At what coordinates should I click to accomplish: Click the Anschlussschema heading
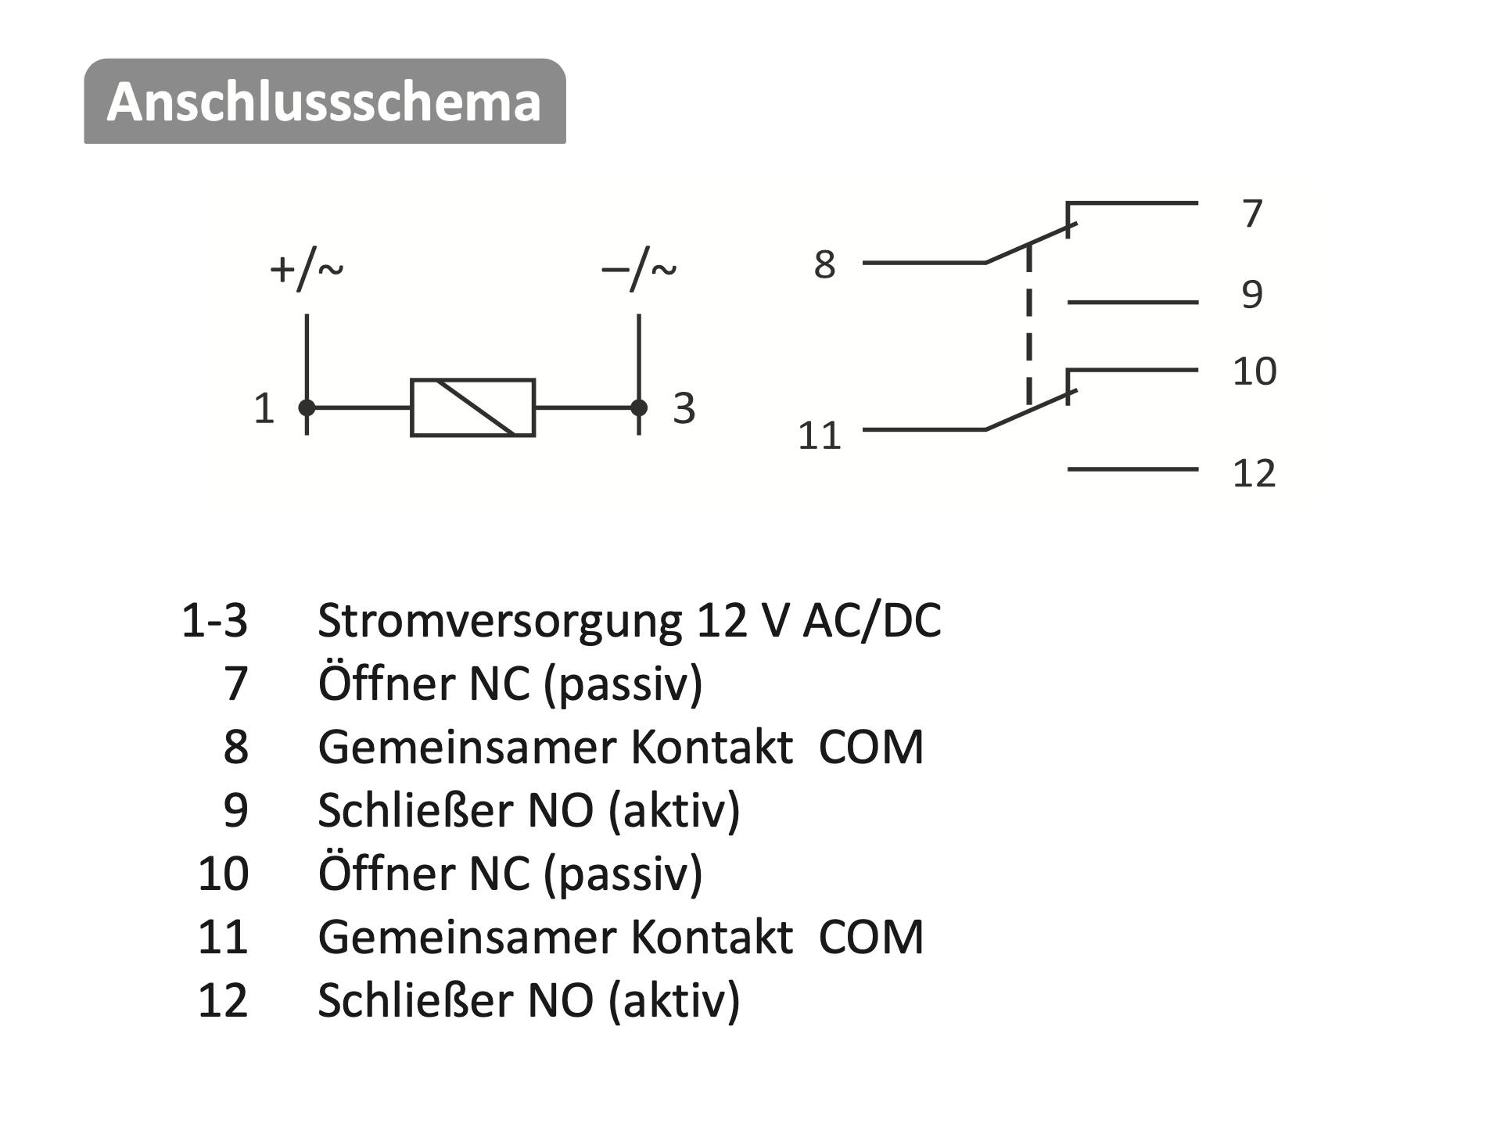[325, 102]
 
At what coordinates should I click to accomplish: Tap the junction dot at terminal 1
[307, 407]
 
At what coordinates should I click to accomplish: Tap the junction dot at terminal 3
[639, 407]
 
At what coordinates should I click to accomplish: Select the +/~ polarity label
[307, 270]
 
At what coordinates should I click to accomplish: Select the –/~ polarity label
[639, 270]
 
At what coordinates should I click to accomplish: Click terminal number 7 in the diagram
[1253, 213]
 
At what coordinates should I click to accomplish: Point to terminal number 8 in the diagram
[824, 264]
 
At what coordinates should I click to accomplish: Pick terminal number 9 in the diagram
[1252, 294]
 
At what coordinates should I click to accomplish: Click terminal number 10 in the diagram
[1254, 371]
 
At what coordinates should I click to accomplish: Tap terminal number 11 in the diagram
[819, 436]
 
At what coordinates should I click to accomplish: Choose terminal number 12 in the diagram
[1254, 473]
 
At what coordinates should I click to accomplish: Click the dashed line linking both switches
[1028, 325]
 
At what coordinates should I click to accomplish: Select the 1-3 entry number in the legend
[214, 621]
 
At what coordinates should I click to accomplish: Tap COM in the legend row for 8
[871, 747]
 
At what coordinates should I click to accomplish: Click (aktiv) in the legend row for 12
[673, 1000]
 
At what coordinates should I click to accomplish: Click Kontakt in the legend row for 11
[712, 937]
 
